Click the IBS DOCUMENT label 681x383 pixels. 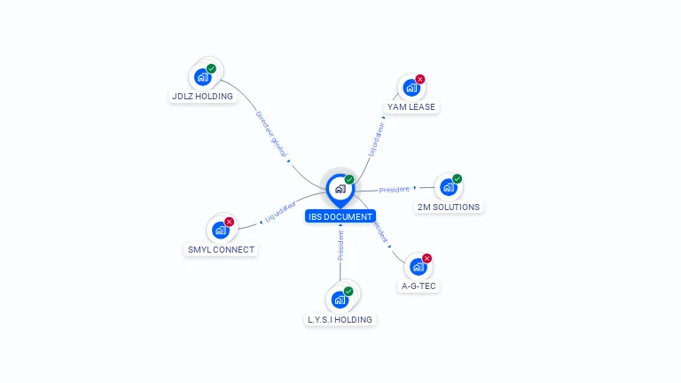(x=340, y=216)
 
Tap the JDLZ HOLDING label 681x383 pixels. (x=201, y=96)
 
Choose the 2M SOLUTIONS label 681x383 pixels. (x=448, y=207)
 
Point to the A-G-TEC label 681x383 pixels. (x=419, y=286)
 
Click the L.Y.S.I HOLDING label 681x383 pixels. (x=340, y=319)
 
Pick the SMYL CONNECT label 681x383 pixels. (x=221, y=250)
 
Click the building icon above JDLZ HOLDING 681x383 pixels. (x=202, y=76)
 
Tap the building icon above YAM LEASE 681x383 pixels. (x=411, y=88)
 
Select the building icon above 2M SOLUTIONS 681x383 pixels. (x=448, y=187)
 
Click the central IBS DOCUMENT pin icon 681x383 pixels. (x=340, y=189)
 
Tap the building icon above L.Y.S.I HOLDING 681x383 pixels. (x=339, y=300)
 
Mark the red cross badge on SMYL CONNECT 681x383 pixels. (x=229, y=222)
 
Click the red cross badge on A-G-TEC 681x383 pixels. (x=427, y=259)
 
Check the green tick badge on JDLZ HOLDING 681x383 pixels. (x=211, y=68)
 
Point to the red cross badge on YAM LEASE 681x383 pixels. (x=419, y=80)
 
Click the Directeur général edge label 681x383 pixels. (x=271, y=134)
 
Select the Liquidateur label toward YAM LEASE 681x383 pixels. (x=377, y=139)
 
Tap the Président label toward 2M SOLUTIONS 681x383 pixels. (x=394, y=189)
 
